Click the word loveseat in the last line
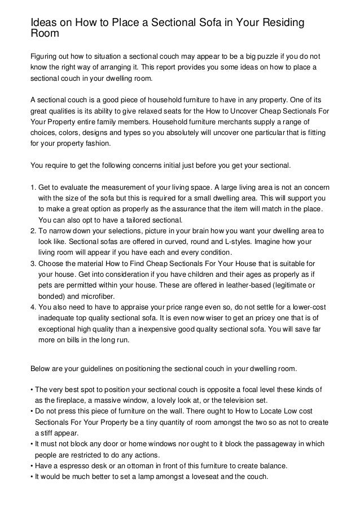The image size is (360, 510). (x=212, y=477)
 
